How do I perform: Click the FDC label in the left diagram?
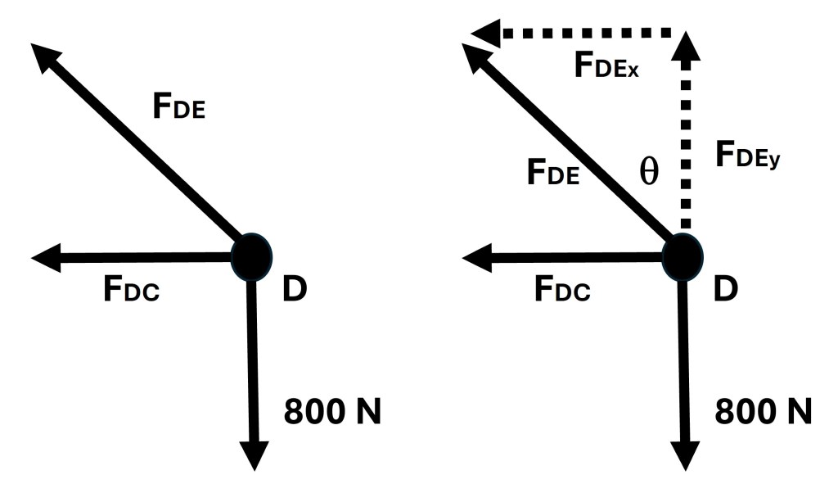[130, 289]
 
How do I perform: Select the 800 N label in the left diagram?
[332, 411]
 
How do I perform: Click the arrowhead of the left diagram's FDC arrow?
[44, 258]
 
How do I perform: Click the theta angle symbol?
[648, 174]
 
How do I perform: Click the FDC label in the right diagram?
[561, 289]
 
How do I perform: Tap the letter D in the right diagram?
[725, 288]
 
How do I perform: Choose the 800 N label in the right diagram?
[764, 411]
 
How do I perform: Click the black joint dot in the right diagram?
[682, 256]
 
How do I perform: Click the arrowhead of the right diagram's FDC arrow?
[475, 258]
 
